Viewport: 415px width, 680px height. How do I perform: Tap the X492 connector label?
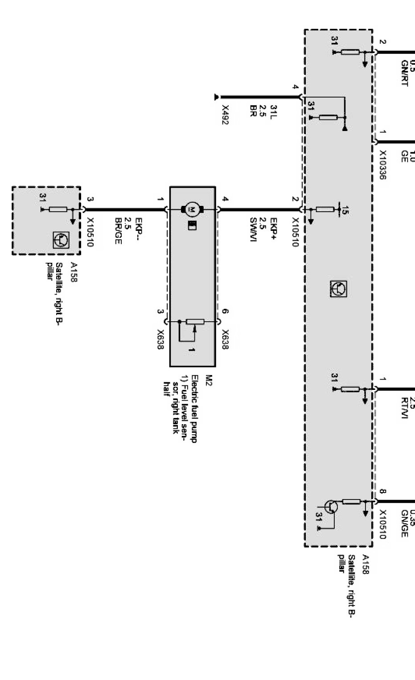225,115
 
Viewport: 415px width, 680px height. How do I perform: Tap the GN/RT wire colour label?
404,73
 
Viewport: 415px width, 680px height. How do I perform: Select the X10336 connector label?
382,164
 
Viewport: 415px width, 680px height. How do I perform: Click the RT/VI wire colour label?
404,408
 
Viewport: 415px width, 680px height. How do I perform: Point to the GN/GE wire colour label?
404,523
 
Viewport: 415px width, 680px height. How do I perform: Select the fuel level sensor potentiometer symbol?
195,322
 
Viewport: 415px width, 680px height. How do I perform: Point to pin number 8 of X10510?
382,492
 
